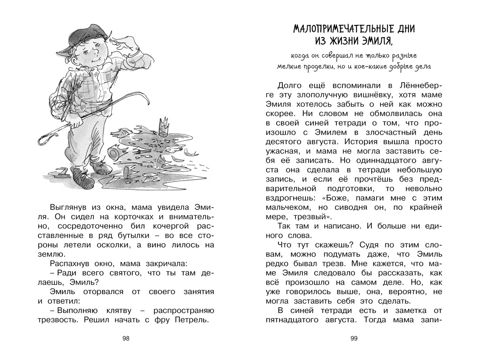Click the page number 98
126,338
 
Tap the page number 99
354,338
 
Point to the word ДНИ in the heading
404,29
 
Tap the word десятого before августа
288,142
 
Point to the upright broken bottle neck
164,126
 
